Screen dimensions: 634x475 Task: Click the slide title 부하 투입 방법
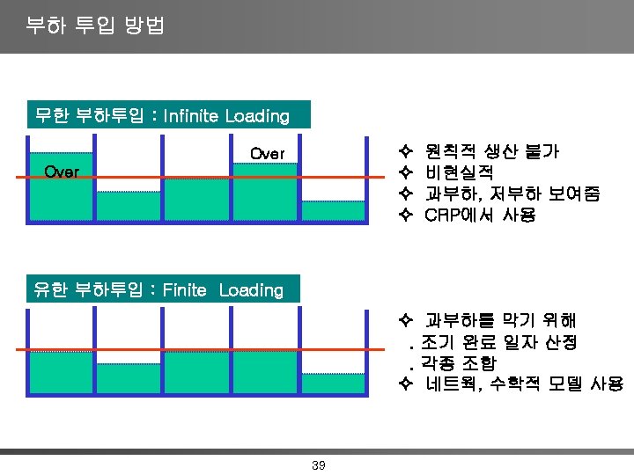click(x=95, y=26)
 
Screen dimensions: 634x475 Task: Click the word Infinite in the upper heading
click(x=191, y=116)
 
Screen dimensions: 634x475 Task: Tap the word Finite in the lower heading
click(x=185, y=290)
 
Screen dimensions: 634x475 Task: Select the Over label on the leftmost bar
click(x=62, y=171)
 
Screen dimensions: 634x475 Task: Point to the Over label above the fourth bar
click(x=267, y=154)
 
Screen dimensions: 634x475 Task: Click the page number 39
click(x=318, y=464)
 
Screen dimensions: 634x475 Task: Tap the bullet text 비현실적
click(x=459, y=172)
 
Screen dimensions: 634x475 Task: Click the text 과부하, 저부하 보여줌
click(x=512, y=194)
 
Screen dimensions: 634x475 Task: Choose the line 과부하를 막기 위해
click(x=500, y=320)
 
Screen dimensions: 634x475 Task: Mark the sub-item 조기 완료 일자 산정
click(x=498, y=341)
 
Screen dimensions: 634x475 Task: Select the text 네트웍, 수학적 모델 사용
click(x=523, y=384)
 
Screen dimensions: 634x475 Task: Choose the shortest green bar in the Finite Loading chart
click(x=334, y=384)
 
